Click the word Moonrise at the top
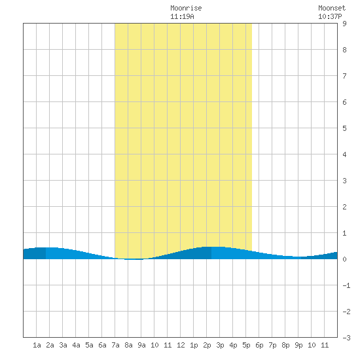tap(186, 9)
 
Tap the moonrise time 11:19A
tap(182, 17)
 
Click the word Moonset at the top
tap(332, 9)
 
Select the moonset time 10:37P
tap(330, 17)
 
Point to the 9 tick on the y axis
tap(344, 24)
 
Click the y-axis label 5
tap(344, 128)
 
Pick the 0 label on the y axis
tap(344, 259)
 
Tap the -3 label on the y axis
tap(346, 338)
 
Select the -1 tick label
tap(346, 285)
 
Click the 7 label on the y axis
tap(344, 76)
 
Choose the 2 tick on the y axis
tap(344, 207)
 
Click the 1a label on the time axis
tap(37, 345)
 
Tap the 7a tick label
tap(115, 345)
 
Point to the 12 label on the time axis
tap(181, 345)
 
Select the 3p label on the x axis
tap(220, 345)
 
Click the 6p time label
tap(259, 345)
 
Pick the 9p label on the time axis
tap(298, 345)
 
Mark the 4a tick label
tap(76, 345)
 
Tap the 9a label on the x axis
tap(141, 345)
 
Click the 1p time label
tap(194, 345)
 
